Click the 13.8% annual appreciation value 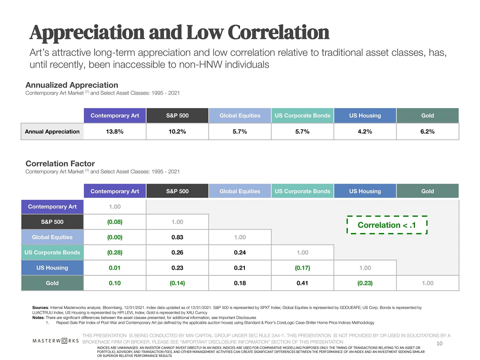point(115,131)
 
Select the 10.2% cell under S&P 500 point(177,131)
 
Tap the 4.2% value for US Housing point(365,131)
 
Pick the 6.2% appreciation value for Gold point(428,131)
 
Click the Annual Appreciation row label point(52,131)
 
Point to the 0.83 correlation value point(177,237)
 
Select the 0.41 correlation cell point(302,283)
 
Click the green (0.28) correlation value point(115,253)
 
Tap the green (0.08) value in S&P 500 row point(115,222)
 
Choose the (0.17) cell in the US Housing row point(302,268)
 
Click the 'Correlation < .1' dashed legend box point(386,225)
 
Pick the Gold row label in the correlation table point(52,283)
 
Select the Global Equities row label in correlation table point(52,237)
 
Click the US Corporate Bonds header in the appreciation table point(302,116)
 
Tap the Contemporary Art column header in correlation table point(115,191)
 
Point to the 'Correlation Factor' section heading point(60,164)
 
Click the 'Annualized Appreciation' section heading point(72,85)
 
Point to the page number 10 point(439,344)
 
